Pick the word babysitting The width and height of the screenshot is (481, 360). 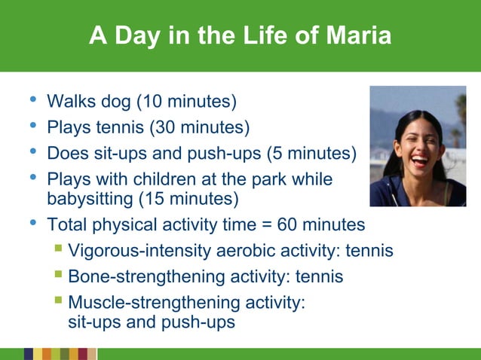coord(90,199)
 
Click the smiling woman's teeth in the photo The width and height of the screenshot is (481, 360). coord(418,160)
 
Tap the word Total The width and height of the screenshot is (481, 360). coord(67,225)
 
